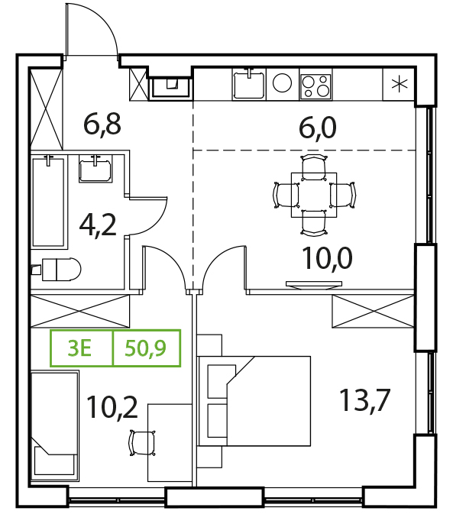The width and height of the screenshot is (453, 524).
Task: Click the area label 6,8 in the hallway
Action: pos(102,125)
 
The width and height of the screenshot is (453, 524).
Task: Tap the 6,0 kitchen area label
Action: pos(318,128)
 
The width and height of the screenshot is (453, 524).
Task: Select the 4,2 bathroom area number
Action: pos(98,225)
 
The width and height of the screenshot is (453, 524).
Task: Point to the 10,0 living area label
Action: pos(327,258)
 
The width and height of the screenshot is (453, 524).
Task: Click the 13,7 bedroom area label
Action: pos(364,400)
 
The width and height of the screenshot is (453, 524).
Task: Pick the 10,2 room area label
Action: pos(112,407)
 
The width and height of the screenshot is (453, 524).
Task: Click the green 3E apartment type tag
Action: pos(79,348)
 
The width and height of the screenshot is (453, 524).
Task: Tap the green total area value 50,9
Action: pos(145,348)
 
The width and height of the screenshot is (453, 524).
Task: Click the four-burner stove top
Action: pos(315,86)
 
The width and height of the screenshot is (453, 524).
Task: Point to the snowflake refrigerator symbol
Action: pos(400,83)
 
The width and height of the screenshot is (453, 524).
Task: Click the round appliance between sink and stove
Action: pos(282,82)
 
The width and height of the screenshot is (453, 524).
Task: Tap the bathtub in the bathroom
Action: pos(48,202)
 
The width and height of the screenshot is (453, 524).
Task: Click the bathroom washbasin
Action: pos(95,169)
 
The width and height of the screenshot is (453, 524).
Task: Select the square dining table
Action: pos(314,195)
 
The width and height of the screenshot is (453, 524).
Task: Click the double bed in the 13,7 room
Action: pos(254,401)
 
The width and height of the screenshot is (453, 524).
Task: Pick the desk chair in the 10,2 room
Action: pos(142,443)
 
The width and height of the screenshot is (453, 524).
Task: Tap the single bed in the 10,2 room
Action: pos(55,425)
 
